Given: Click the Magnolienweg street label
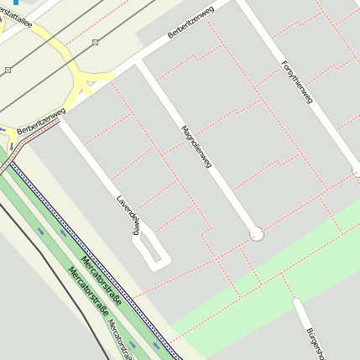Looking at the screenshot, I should [194, 151].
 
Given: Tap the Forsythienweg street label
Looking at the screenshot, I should [297, 81].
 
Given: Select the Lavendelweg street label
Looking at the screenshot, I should [128, 216].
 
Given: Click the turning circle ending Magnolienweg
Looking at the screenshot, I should [257, 234].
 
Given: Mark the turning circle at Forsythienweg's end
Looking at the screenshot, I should [357, 171].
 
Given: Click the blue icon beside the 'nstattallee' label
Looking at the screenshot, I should [15, 3].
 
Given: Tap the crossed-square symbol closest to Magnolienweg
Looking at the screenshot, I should [95, 41].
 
